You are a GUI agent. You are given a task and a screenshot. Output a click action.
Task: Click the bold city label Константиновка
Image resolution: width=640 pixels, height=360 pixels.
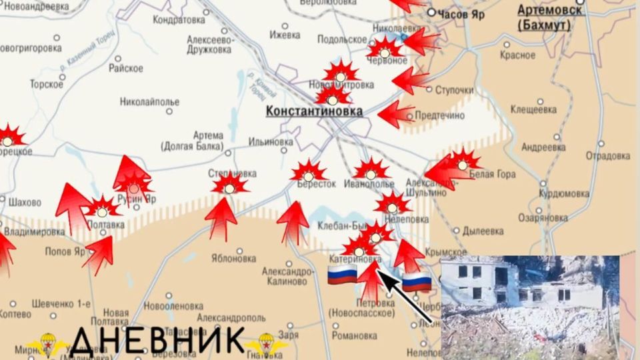click(x=314, y=111)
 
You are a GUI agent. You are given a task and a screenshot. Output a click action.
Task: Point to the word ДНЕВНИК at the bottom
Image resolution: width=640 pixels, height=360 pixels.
click(x=157, y=341)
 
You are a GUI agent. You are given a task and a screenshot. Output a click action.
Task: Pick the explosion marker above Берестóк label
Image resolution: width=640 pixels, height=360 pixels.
click(x=309, y=171)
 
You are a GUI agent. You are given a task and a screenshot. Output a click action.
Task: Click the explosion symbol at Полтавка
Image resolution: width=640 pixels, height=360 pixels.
click(x=102, y=209)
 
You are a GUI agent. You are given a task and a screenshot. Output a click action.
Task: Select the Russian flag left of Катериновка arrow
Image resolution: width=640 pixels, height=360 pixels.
click(x=342, y=274)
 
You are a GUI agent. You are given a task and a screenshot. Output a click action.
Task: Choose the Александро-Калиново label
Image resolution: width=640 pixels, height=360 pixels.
click(x=288, y=276)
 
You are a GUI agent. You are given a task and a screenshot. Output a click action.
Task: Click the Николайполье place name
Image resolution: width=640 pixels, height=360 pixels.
click(x=150, y=102)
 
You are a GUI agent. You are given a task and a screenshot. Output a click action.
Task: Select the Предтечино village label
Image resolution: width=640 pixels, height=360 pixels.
click(x=439, y=115)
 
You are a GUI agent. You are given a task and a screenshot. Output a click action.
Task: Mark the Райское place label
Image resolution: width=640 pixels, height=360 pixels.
click(x=126, y=68)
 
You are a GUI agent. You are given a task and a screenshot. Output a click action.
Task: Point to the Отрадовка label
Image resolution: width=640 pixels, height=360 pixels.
click(x=607, y=156)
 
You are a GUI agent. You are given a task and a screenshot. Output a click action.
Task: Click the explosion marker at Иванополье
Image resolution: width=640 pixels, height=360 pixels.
click(x=371, y=170)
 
